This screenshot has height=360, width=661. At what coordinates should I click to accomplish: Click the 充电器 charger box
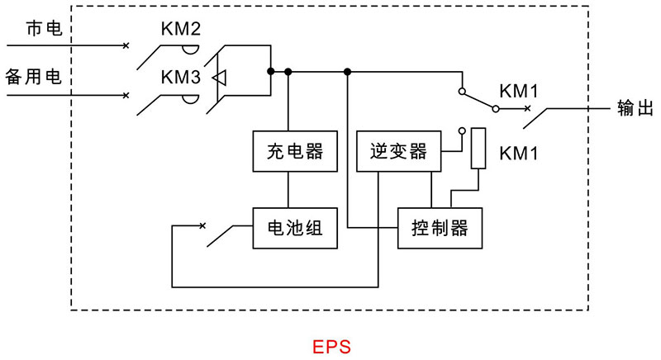pyautogui.click(x=288, y=151)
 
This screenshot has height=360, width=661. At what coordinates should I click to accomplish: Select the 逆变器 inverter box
pyautogui.click(x=398, y=151)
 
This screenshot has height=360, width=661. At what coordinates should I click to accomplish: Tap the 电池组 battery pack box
pyautogui.click(x=288, y=227)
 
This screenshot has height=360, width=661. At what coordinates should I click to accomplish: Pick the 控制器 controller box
pyautogui.click(x=440, y=227)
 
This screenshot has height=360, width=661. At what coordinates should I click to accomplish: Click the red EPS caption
pyautogui.click(x=331, y=344)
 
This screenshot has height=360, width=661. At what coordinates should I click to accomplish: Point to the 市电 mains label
pyautogui.click(x=44, y=30)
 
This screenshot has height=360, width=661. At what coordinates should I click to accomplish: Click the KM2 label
pyautogui.click(x=181, y=30)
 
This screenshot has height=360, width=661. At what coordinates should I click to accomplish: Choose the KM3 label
pyautogui.click(x=181, y=78)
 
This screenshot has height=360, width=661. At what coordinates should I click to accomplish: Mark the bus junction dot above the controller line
pyautogui.click(x=348, y=72)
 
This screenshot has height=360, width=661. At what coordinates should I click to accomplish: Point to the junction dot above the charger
pyautogui.click(x=288, y=72)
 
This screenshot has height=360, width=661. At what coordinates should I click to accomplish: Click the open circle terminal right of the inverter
pyautogui.click(x=462, y=131)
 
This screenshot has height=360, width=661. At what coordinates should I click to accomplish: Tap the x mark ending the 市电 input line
pyautogui.click(x=126, y=45)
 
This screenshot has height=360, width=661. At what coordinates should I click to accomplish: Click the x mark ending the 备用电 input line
pyautogui.click(x=126, y=95)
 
